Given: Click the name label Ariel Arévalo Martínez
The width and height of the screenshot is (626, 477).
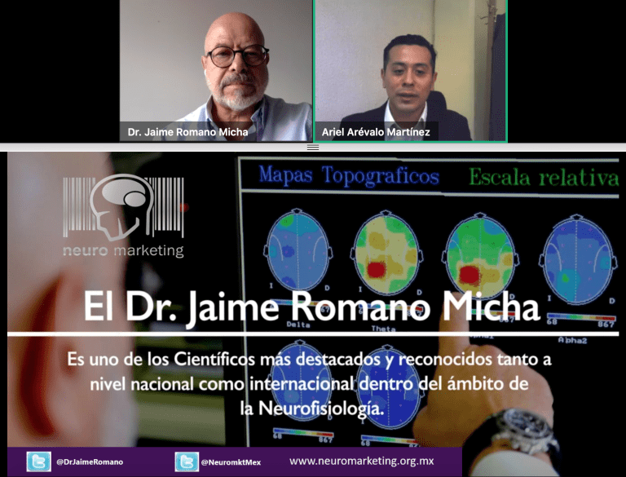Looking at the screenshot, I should click(x=377, y=131).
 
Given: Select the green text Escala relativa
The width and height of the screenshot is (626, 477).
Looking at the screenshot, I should click(x=543, y=177).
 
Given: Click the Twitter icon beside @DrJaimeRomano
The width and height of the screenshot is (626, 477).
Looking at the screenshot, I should click(x=37, y=462).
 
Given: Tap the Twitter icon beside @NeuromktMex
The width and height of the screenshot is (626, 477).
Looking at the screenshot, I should click(x=187, y=462).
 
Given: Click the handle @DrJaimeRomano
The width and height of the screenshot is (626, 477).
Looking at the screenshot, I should click(x=90, y=462).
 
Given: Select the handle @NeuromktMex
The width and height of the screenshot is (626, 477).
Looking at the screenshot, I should click(x=234, y=462).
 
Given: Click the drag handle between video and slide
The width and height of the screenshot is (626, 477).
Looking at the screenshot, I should click(x=313, y=147).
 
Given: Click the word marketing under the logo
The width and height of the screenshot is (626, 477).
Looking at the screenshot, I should click(x=148, y=251).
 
